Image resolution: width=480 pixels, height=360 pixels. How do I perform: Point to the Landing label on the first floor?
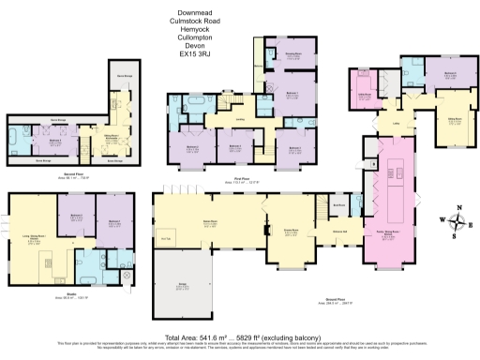pos(240,118)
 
